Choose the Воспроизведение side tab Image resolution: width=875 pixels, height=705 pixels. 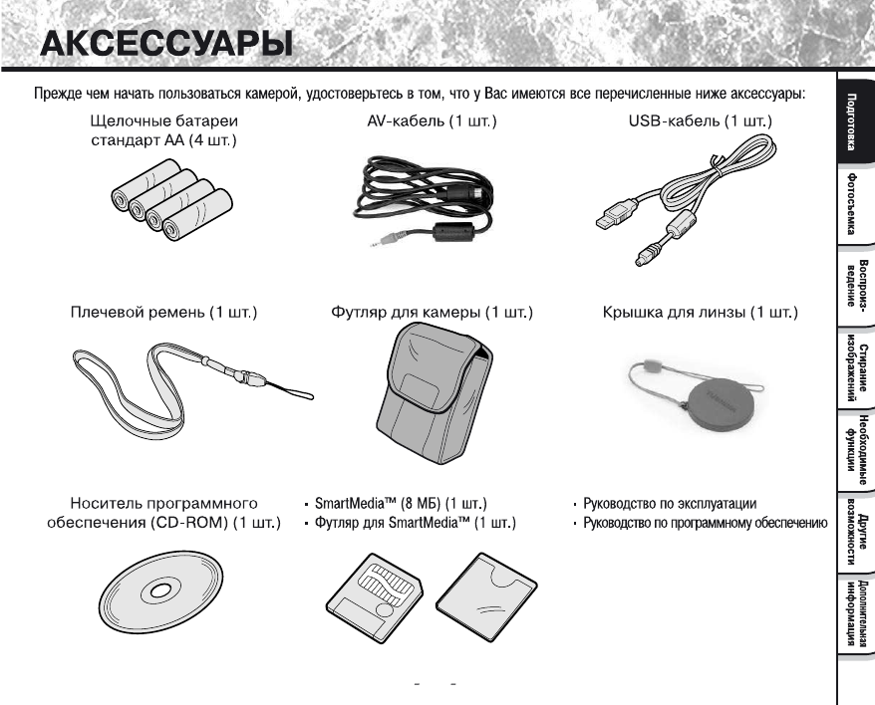point(854,286)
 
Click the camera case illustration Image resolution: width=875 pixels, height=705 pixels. point(430,398)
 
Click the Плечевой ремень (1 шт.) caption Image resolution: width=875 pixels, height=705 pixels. point(164,313)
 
